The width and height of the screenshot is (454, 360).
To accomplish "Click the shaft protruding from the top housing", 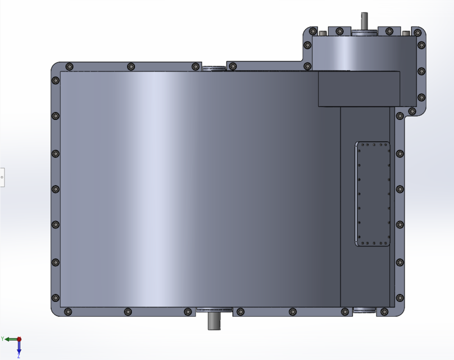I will [364, 21].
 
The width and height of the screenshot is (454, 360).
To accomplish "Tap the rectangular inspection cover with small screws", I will [373, 194].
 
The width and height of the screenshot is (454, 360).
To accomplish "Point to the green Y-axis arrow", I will [11, 339].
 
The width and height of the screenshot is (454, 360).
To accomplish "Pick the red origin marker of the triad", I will [19, 339].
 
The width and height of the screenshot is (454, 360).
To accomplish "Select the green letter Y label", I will [3, 339].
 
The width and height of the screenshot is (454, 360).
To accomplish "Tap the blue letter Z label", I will [19, 356].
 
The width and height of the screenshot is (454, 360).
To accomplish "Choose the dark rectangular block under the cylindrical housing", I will [359, 89].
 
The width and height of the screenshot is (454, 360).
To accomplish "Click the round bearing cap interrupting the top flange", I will [214, 69].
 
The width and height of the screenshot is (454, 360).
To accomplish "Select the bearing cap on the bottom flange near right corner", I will [364, 309].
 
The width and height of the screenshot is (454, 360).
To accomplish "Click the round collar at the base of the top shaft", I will [364, 33].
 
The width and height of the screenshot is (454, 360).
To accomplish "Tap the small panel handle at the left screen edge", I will [2, 177].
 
